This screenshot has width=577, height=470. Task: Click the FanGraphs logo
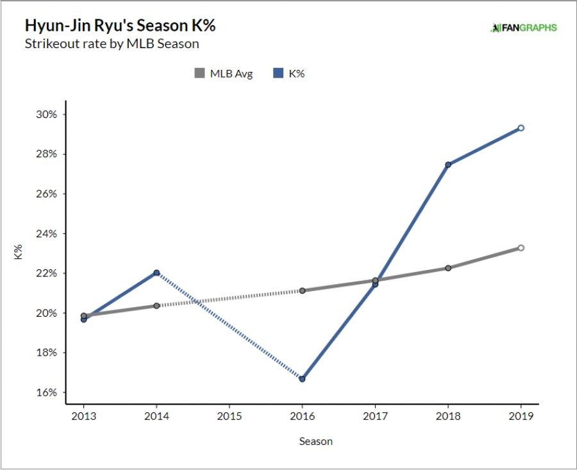[x=524, y=28]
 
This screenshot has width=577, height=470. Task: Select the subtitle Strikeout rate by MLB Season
[x=112, y=44]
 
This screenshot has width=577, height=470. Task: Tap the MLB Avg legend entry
[x=224, y=74]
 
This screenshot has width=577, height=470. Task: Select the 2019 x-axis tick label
[x=521, y=415]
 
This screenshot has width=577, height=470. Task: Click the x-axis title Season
[x=315, y=441]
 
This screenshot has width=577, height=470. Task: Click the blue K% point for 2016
[x=302, y=379]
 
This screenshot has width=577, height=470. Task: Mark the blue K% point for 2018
[x=448, y=165]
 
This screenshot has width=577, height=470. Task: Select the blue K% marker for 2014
[x=156, y=273]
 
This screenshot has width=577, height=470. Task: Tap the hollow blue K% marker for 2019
[x=521, y=128]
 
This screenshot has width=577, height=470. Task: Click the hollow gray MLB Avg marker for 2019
[x=521, y=248]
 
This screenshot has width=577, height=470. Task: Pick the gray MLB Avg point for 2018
[x=448, y=268]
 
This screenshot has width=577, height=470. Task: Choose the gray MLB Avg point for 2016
[x=302, y=290]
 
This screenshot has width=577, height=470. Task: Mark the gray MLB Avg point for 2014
[x=156, y=306]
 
